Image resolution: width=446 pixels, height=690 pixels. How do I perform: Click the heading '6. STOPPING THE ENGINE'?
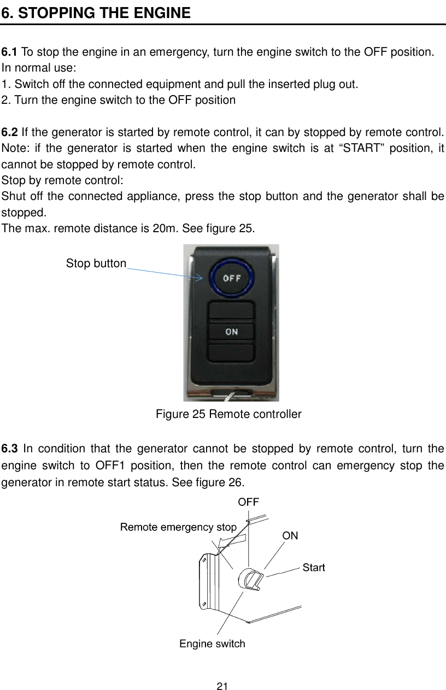click(x=96, y=13)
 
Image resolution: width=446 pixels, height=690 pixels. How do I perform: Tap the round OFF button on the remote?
click(x=231, y=278)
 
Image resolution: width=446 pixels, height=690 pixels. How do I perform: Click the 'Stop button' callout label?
click(x=96, y=263)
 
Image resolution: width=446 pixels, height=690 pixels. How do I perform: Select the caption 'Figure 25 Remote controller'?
click(x=228, y=414)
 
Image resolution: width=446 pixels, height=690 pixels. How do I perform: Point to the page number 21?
click(x=222, y=686)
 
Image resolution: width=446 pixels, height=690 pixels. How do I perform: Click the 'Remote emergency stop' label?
click(x=178, y=527)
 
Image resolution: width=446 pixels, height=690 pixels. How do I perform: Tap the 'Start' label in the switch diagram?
click(x=314, y=568)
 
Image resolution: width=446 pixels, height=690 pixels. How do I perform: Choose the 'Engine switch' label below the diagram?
click(x=212, y=644)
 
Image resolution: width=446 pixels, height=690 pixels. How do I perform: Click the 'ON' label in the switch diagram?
click(x=290, y=536)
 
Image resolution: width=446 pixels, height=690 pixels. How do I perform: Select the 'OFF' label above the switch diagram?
click(x=248, y=501)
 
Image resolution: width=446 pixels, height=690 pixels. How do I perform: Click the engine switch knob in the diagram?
click(x=252, y=579)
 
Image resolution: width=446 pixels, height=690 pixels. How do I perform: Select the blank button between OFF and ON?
click(x=231, y=311)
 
